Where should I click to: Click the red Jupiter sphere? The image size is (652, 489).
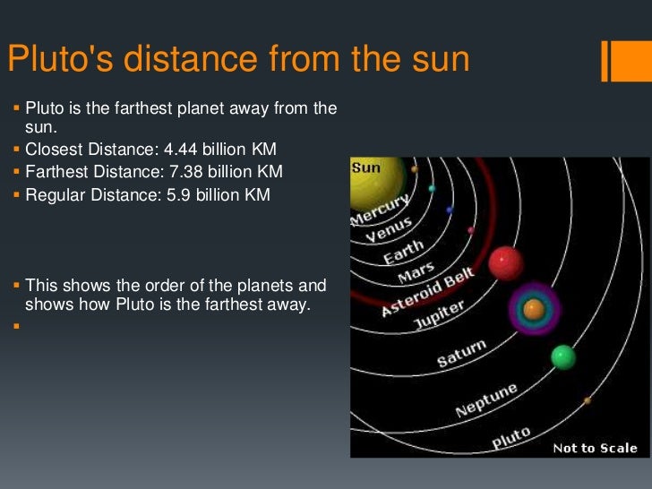(x=505, y=263)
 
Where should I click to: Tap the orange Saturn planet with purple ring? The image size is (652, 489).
(x=534, y=310)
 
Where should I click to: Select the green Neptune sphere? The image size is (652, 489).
(x=563, y=357)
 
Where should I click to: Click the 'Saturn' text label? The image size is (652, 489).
(x=461, y=353)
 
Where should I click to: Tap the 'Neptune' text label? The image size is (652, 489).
(x=486, y=400)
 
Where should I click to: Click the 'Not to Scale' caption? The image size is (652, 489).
(x=595, y=448)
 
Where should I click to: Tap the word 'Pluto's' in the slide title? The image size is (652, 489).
(x=60, y=60)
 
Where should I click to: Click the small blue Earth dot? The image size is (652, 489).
(x=450, y=210)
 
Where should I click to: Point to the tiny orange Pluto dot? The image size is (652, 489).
(x=588, y=400)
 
